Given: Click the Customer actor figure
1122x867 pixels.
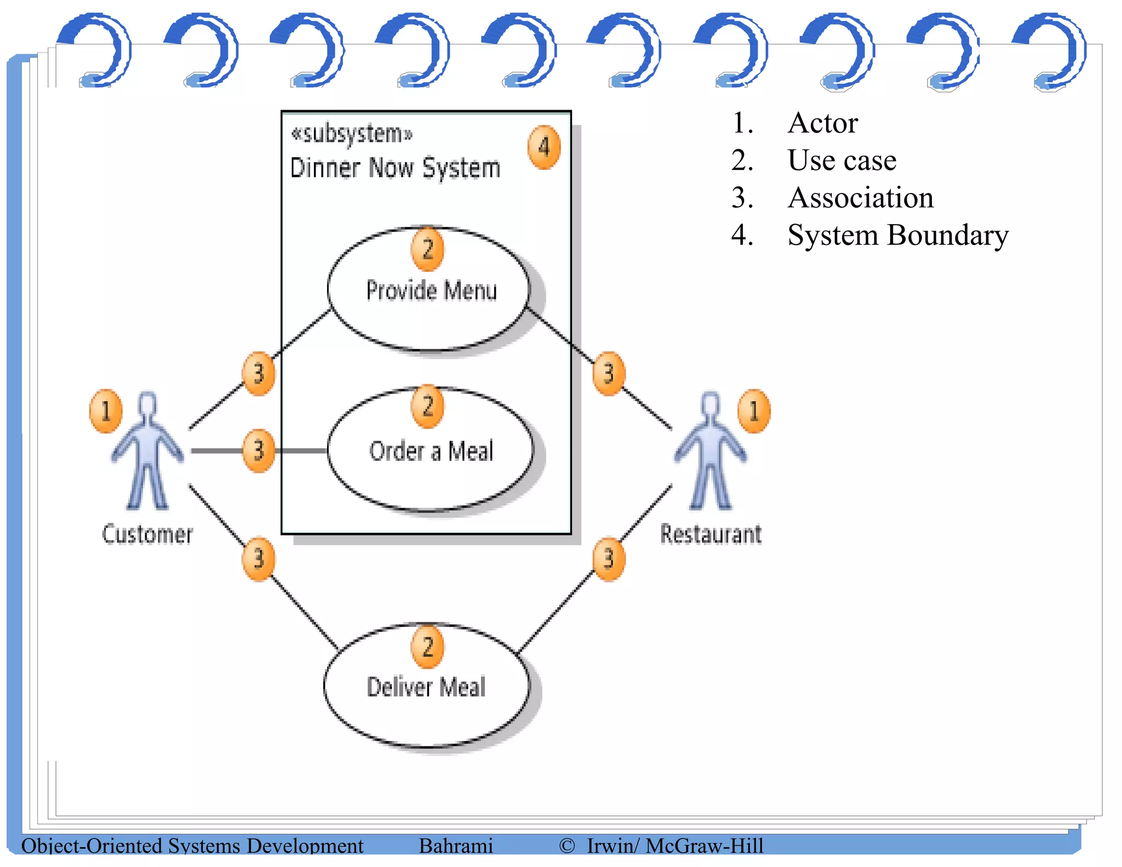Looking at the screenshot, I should coord(147,452).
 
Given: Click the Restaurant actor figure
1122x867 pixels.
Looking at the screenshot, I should coord(710,452).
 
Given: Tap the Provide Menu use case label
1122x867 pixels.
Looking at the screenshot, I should coord(431,290).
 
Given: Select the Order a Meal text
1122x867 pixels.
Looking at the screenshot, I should coord(431,451).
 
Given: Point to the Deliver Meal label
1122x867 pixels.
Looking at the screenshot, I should coord(426,687).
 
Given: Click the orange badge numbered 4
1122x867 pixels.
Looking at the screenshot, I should coord(543,147).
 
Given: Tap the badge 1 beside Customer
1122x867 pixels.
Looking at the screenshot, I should coord(105,411).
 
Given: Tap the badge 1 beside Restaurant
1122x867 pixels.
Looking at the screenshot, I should coord(753,411).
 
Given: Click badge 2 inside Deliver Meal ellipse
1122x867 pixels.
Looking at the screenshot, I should coord(427,647).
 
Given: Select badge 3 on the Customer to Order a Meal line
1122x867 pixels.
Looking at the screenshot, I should coord(258,450).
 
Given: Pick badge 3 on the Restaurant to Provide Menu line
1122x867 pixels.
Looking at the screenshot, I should coord(608,374).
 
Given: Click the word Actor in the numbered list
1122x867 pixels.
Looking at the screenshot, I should coord(823,123).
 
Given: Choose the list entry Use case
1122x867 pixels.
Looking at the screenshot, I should coord(841,161).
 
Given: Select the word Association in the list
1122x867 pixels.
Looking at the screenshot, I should coord(860,198).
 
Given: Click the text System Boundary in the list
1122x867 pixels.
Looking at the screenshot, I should coord(897,236).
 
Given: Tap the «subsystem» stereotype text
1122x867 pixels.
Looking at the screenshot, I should coord(352,134).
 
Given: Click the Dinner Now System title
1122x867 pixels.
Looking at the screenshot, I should coord(395,168).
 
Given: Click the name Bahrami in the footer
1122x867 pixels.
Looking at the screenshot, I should coord(456,846).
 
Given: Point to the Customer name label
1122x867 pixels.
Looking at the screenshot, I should coord(147,534).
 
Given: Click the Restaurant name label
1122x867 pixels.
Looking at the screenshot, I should coord(711,534).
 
